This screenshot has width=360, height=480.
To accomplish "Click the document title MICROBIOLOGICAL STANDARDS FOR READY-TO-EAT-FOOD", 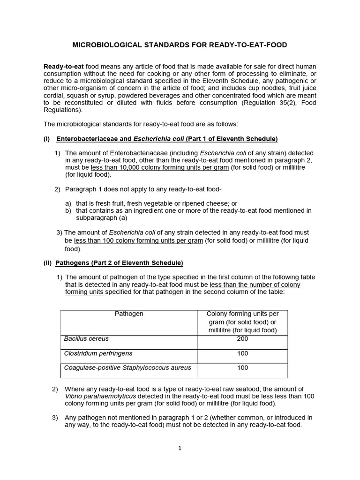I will [x=180, y=45].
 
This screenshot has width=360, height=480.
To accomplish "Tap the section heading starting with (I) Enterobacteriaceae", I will [x=166, y=139].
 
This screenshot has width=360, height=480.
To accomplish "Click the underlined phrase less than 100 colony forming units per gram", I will [x=138, y=240].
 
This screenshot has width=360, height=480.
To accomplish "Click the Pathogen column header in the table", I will [x=129, y=314].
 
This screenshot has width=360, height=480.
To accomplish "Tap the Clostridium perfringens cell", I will [x=98, y=353].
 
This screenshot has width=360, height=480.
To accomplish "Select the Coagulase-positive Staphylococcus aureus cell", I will [x=127, y=367].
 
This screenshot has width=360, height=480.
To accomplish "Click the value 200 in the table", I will [x=242, y=338].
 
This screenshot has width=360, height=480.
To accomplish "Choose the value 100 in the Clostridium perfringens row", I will [x=242, y=353].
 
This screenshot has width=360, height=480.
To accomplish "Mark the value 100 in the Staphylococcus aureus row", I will [x=242, y=367].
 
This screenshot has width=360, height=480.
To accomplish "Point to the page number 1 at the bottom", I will [x=180, y=448].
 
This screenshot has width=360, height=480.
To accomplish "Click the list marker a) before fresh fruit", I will [x=68, y=203].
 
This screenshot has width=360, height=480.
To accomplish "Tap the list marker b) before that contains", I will [x=68, y=210].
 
